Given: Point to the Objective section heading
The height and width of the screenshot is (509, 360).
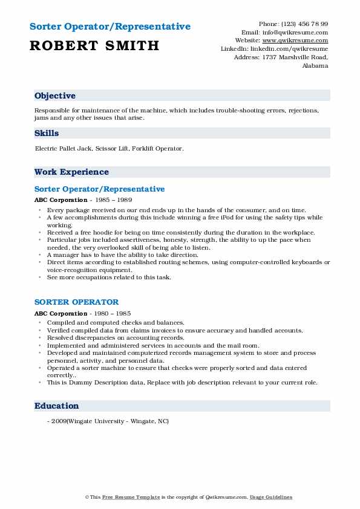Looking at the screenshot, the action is pyautogui.click(x=55, y=96).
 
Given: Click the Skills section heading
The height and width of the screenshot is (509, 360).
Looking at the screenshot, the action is pyautogui.click(x=47, y=134).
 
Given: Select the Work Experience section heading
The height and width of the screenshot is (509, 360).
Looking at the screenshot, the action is pyautogui.click(x=71, y=172).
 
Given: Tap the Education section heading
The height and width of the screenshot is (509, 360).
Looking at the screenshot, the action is pyautogui.click(x=57, y=406).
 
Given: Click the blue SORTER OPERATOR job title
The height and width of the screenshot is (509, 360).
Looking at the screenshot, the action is pyautogui.click(x=76, y=302).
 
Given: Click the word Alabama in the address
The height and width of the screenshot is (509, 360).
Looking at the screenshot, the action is pyautogui.click(x=315, y=66).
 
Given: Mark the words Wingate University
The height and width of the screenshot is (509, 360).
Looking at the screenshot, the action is pyautogui.click(x=94, y=421).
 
